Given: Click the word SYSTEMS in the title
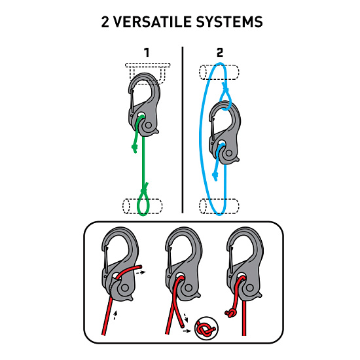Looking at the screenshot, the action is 229,22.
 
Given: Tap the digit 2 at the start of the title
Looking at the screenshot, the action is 105,22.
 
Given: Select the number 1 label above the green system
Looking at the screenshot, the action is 147,52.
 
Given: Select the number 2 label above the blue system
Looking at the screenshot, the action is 220,52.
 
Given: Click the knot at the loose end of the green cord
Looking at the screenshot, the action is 135,148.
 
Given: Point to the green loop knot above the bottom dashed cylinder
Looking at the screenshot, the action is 145,190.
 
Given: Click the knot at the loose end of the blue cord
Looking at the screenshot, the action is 215,176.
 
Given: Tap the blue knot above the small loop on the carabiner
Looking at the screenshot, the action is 225,87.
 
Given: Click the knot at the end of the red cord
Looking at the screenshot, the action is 230,313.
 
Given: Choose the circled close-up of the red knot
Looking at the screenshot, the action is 206,329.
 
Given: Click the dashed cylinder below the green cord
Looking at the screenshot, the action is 142,206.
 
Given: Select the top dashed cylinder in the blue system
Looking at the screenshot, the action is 219,72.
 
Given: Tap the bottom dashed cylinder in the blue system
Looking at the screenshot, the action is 219,206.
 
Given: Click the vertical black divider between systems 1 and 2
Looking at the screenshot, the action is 183,130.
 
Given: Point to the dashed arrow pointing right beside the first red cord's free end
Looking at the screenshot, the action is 141,272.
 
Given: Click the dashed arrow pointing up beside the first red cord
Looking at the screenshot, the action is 115,315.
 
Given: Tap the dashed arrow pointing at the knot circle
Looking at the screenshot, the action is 187,331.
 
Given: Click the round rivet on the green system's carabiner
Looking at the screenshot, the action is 149,126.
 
